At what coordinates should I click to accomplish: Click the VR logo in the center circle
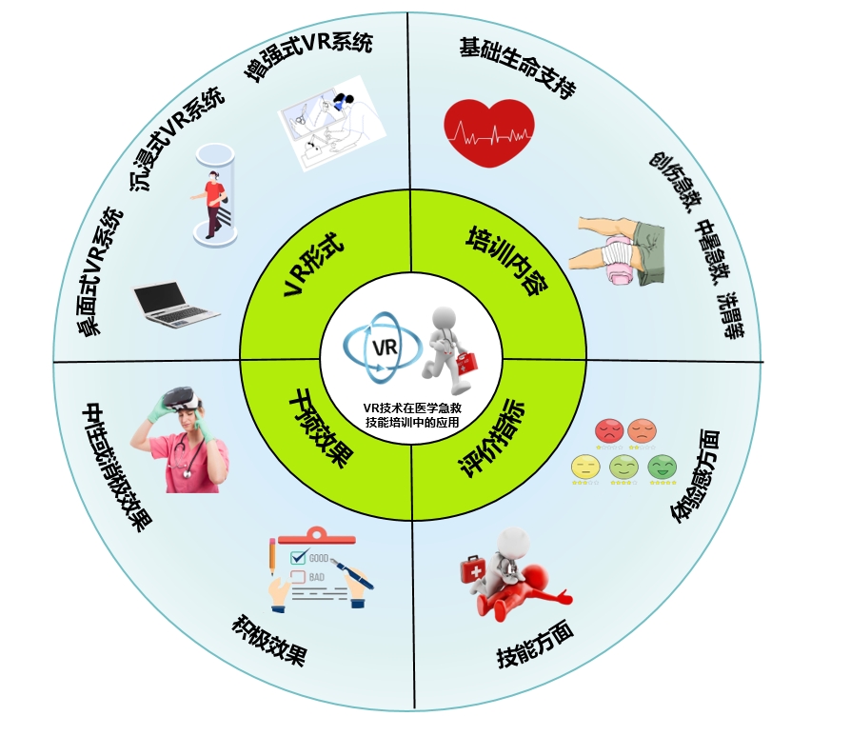pyautogui.click(x=381, y=348)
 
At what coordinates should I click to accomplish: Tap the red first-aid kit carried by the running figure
pyautogui.click(x=468, y=363)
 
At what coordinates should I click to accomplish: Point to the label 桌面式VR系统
pyautogui.click(x=100, y=271)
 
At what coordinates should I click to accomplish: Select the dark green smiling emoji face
pyautogui.click(x=662, y=467)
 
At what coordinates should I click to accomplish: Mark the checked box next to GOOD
pyautogui.click(x=297, y=557)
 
